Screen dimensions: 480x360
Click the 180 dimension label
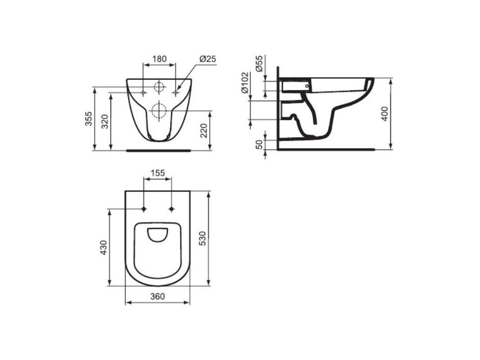tap(159, 58)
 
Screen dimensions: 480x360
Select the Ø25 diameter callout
tap(208, 59)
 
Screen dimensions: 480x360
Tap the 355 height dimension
tap(88, 118)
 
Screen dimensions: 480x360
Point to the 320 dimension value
tap(105, 122)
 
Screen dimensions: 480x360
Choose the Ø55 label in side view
tap(259, 64)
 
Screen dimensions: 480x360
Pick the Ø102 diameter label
tap(244, 83)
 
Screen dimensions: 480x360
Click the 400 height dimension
tap(385, 113)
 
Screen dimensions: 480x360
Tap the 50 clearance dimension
tap(259, 145)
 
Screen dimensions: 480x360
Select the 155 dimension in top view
tap(158, 173)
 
